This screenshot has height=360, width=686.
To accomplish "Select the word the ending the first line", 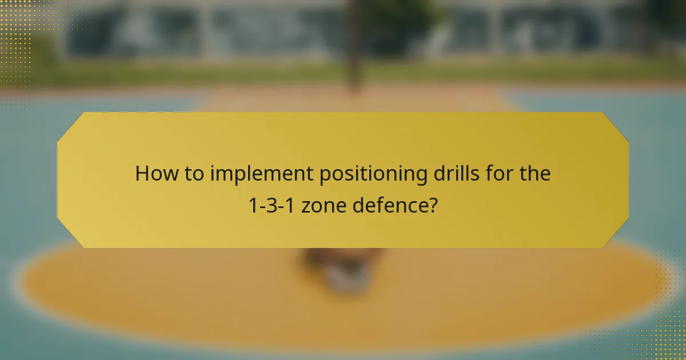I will pos(535,174).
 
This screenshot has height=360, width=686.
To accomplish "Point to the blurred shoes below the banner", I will pos(343,269).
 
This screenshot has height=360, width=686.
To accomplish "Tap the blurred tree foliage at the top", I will pos(400,14).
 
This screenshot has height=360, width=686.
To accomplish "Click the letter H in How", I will pos(142,174).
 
